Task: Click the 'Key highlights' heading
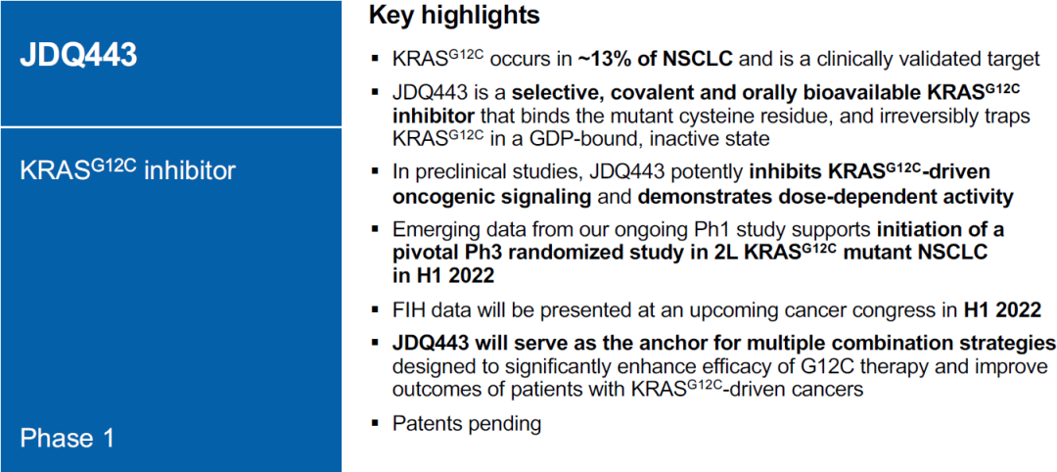tap(454, 17)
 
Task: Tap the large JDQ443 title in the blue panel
tap(78, 56)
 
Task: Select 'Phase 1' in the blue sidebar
tap(67, 439)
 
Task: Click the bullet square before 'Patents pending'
tap(375, 425)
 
